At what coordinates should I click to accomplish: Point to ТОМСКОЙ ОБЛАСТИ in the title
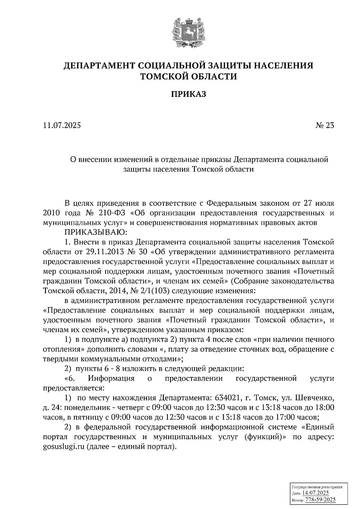[x=189, y=77]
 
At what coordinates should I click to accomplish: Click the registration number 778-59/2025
[x=320, y=500]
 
